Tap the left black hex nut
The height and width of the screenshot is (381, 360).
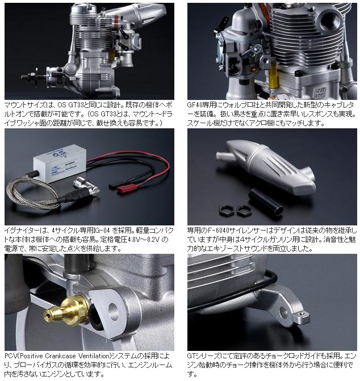coord(227,210)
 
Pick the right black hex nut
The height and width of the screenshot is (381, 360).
coord(244,211)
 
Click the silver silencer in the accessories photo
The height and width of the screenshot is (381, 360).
coord(266,166)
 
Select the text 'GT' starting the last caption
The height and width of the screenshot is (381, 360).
coord(191,356)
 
